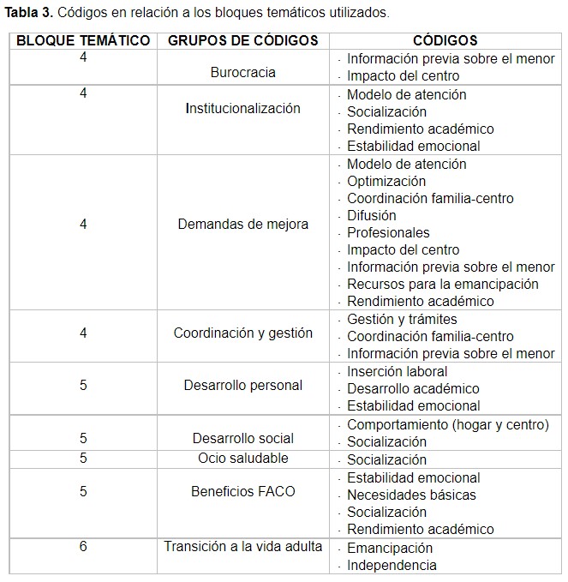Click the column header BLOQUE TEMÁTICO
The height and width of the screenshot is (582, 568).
tap(83, 40)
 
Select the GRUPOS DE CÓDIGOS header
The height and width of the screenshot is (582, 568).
tap(242, 40)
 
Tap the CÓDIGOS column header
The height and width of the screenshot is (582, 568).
tap(445, 40)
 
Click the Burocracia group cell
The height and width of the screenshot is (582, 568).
tap(242, 73)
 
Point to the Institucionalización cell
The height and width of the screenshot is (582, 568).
tap(242, 108)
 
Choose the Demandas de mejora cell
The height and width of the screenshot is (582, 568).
tap(242, 225)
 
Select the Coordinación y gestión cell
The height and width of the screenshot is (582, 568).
tap(242, 333)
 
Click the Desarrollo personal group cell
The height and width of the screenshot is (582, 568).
tap(242, 385)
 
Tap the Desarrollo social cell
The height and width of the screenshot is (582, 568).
tap(242, 438)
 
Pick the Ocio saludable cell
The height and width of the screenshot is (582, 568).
tap(242, 458)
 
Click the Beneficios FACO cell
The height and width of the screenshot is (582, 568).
tap(242, 491)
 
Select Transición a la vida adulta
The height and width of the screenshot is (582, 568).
tap(242, 546)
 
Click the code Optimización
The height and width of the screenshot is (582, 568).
tap(386, 181)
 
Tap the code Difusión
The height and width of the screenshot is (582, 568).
tap(371, 215)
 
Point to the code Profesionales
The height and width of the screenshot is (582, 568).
tap(388, 232)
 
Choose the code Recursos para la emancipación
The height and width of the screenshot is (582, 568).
tap(442, 284)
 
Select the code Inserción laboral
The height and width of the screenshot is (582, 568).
tap(397, 371)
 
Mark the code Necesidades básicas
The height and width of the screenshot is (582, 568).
tap(411, 495)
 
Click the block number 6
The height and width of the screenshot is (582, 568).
tap(83, 546)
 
